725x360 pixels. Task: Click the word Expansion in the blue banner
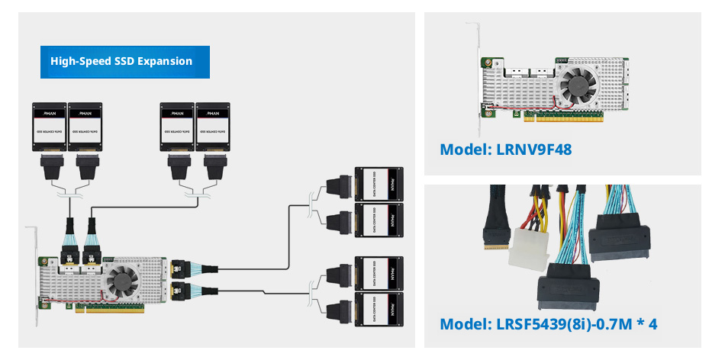[x=164, y=61]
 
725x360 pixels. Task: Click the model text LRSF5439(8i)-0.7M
[x=561, y=324]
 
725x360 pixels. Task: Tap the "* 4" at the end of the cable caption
[x=648, y=324]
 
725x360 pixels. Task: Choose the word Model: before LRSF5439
[x=461, y=324]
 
